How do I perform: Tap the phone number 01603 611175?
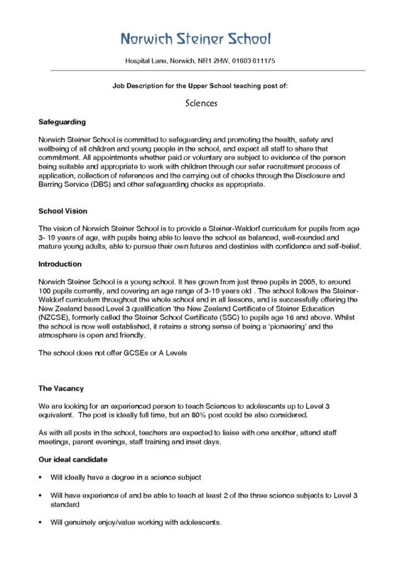[x=255, y=61]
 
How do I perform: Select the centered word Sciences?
[x=200, y=102]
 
